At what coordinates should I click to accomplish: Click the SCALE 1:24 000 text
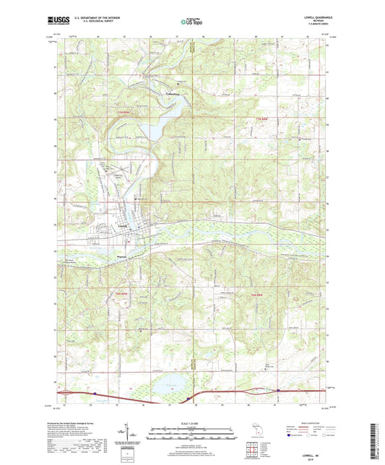[192, 423]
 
